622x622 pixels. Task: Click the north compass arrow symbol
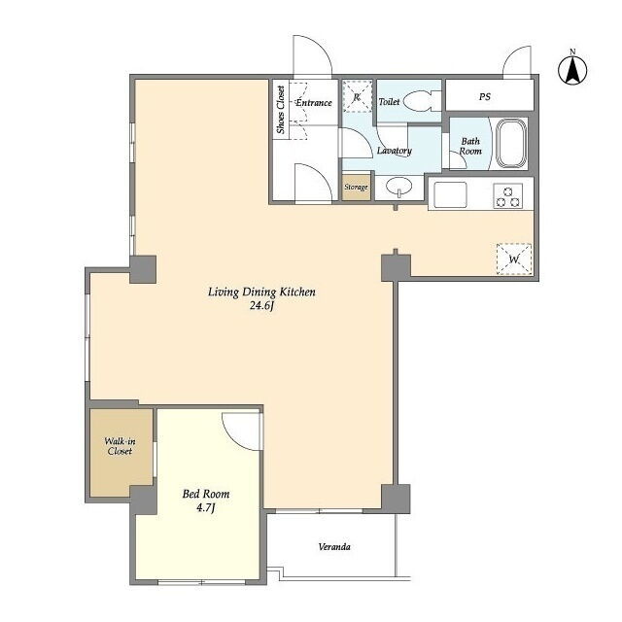(x=572, y=70)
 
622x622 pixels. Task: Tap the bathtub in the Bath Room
(x=511, y=143)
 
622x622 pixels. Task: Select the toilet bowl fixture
(x=419, y=101)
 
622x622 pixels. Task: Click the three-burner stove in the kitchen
(x=508, y=195)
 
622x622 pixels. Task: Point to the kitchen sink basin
(x=450, y=194)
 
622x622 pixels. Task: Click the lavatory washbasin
(x=399, y=187)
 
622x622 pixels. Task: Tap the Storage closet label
(x=356, y=187)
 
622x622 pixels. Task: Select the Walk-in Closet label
(x=120, y=446)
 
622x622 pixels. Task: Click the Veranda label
(x=334, y=547)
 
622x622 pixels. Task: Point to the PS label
(x=485, y=96)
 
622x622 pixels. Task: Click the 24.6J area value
(x=261, y=307)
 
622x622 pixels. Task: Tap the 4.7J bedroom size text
(x=205, y=507)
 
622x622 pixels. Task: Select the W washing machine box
(x=514, y=259)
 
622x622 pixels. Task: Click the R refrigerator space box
(x=357, y=96)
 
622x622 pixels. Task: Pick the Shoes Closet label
(x=281, y=110)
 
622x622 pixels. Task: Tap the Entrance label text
(x=314, y=103)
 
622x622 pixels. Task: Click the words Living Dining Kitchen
(x=261, y=293)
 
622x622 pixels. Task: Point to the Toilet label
(x=389, y=102)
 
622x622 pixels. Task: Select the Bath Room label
(x=470, y=146)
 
